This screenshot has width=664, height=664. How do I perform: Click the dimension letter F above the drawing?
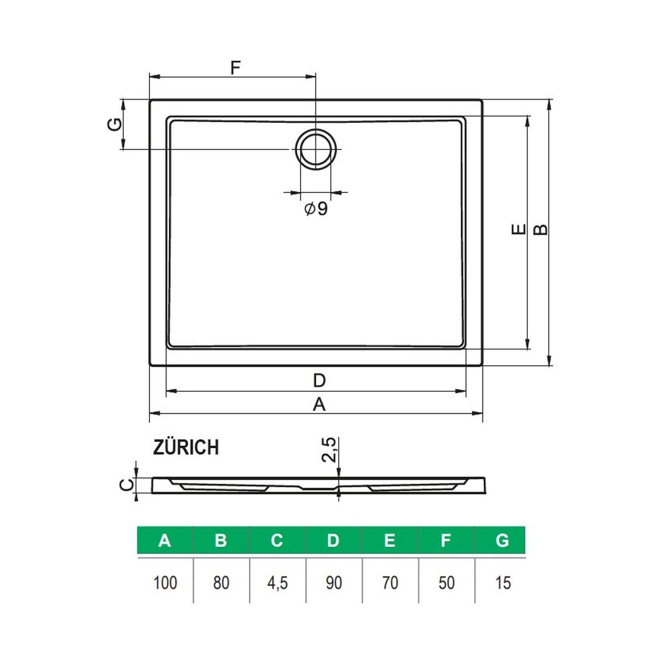[x=235, y=68]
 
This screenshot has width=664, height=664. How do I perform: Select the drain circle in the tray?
[x=315, y=149]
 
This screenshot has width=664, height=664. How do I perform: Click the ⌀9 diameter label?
[x=316, y=209]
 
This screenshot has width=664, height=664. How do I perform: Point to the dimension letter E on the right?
[x=518, y=229]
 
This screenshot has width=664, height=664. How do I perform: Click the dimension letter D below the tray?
[x=319, y=381]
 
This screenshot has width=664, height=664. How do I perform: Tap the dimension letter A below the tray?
[x=319, y=404]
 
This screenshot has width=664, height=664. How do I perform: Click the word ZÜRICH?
[x=186, y=448]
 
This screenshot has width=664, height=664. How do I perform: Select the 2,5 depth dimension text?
[x=328, y=450]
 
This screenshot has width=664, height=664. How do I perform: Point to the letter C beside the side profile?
[x=126, y=485]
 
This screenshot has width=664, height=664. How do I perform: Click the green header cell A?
[x=165, y=541]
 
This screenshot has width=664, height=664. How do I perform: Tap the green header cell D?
[x=334, y=541]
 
